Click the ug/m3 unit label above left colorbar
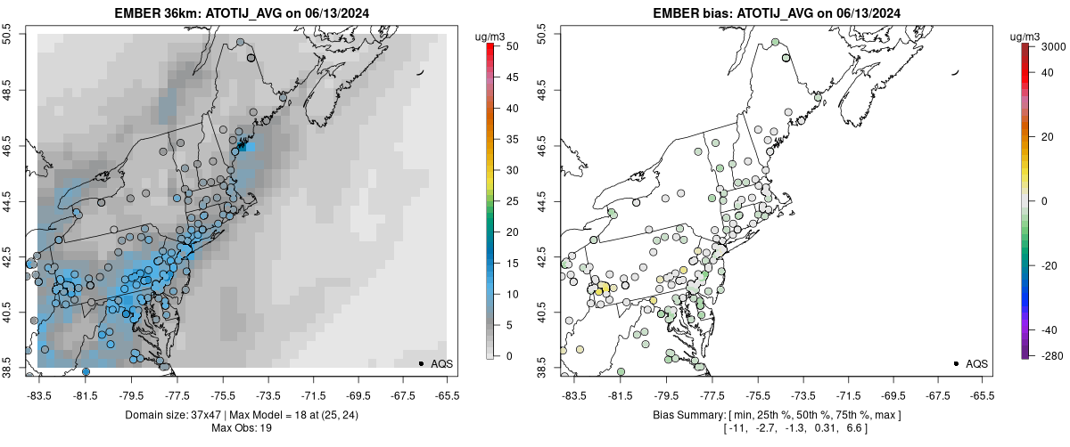pyautogui.click(x=491, y=37)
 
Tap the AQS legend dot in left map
pyautogui.click(x=420, y=363)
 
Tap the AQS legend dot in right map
pyautogui.click(x=955, y=363)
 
